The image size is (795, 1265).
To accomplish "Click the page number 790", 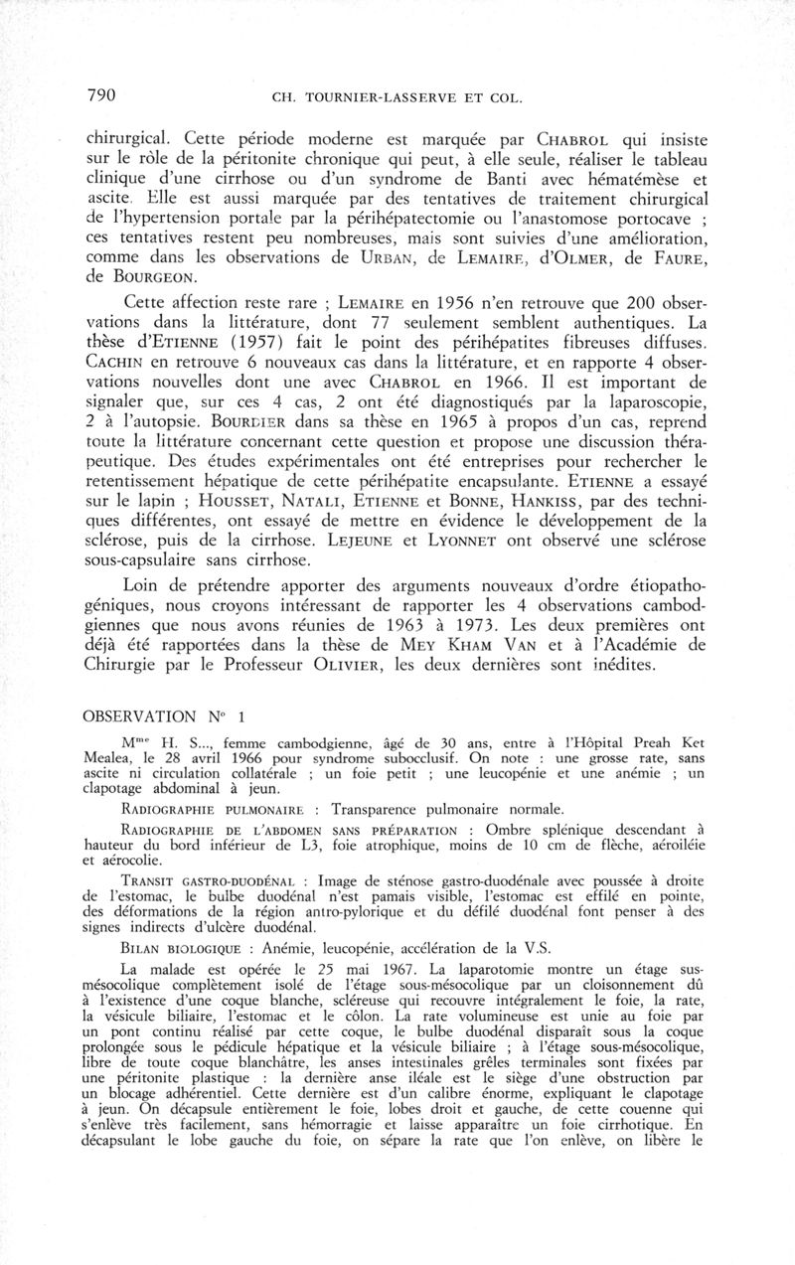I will (102, 96).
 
